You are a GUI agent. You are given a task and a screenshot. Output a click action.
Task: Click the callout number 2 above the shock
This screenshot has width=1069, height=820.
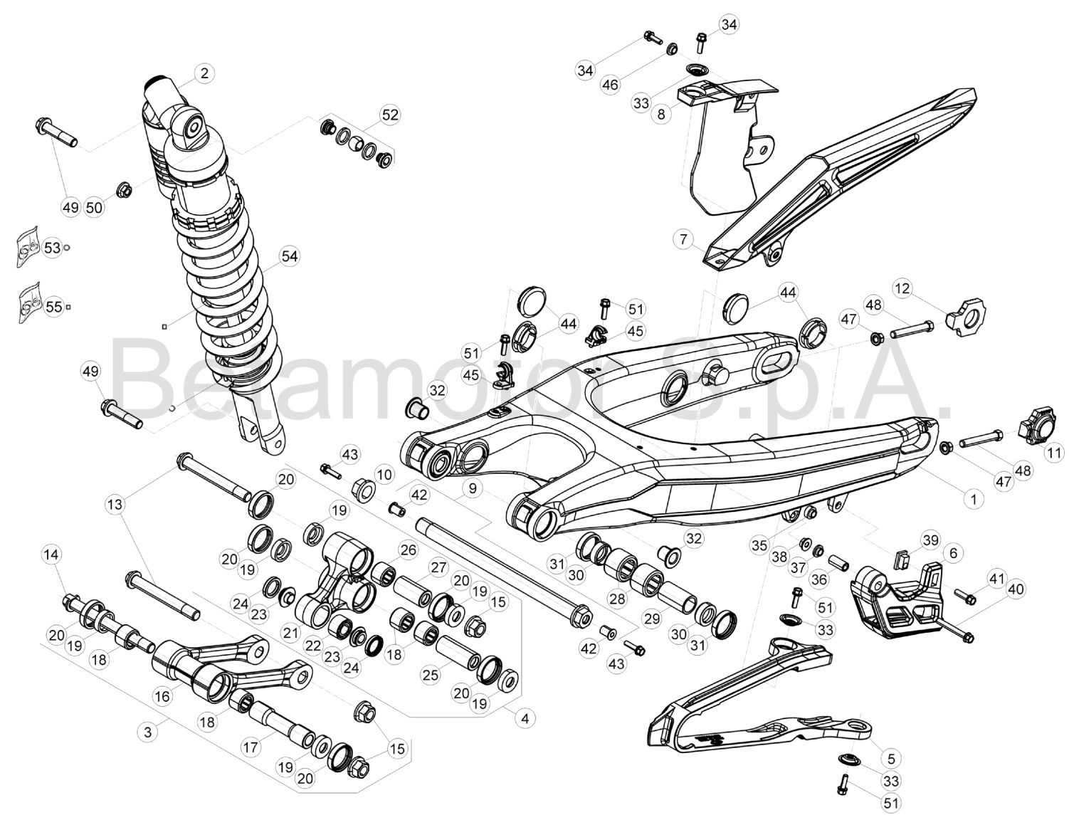(x=204, y=73)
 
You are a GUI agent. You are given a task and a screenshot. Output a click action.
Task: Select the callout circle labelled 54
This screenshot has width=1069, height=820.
(x=289, y=256)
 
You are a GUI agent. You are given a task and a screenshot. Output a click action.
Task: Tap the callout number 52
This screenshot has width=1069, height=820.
(x=390, y=115)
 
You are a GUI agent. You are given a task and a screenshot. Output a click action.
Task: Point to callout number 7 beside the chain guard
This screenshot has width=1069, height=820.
(x=684, y=239)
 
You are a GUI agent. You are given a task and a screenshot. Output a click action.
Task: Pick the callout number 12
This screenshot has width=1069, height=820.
(x=902, y=288)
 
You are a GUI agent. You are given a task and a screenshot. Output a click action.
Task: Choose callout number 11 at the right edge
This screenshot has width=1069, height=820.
(x=1054, y=453)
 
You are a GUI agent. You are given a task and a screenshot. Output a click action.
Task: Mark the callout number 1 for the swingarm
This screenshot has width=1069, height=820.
(x=974, y=499)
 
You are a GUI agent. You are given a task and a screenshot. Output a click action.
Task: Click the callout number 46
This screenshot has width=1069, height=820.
(x=611, y=85)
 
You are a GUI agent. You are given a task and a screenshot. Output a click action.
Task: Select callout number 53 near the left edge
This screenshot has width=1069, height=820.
(x=52, y=248)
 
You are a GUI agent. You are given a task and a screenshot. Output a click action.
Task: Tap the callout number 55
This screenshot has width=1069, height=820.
(x=53, y=307)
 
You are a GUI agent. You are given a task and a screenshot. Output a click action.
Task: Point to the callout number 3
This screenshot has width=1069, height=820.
(x=148, y=732)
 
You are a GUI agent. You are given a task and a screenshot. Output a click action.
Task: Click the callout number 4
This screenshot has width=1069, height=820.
(x=525, y=719)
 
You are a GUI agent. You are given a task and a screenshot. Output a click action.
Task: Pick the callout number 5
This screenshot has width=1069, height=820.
(x=891, y=758)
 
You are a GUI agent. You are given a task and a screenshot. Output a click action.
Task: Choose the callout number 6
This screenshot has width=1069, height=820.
(x=953, y=552)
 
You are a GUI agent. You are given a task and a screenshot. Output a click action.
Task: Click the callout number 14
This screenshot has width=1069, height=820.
(x=52, y=554)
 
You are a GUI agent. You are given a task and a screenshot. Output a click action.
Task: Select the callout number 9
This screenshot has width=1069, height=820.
(x=472, y=488)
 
